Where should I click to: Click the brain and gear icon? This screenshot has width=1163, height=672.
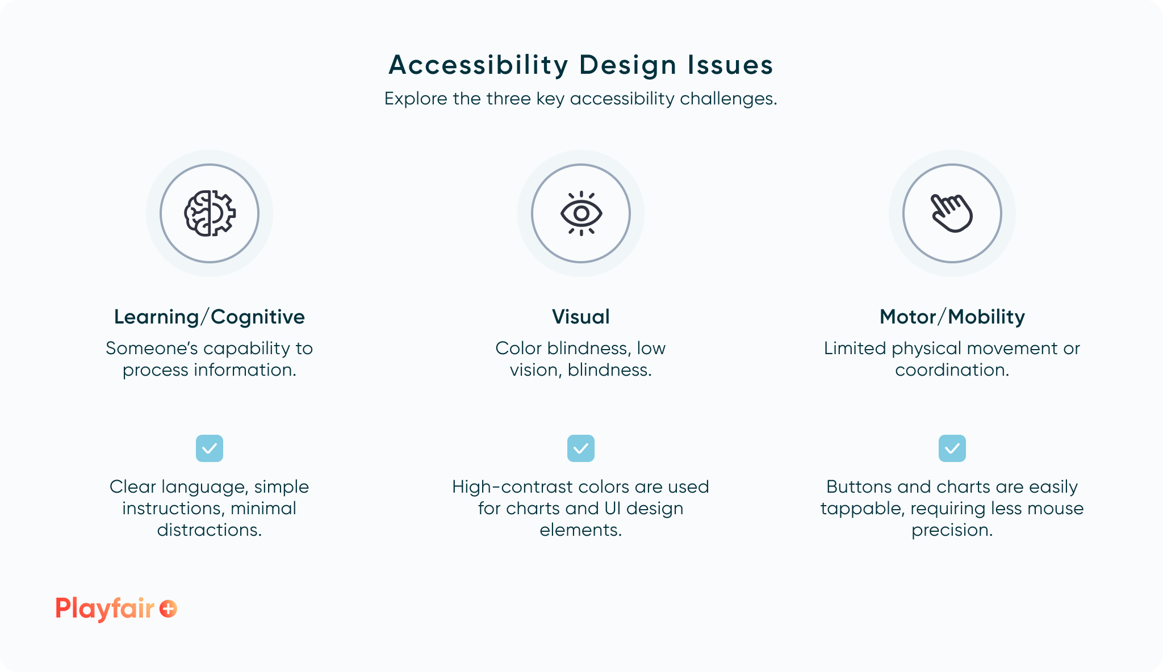tap(210, 213)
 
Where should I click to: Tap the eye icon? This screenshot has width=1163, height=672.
tap(581, 213)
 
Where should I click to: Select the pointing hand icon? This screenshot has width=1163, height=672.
tap(952, 213)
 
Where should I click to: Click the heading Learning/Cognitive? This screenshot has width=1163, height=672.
tap(210, 317)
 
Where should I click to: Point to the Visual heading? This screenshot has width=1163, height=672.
tap(581, 317)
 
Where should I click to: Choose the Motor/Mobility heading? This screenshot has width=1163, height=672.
tap(952, 317)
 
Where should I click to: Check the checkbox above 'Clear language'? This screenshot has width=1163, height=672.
tap(210, 448)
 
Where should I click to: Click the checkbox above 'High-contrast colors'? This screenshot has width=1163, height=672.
tap(581, 448)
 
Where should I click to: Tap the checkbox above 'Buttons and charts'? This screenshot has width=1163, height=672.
tap(952, 448)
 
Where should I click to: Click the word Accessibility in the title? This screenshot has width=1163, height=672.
tap(478, 65)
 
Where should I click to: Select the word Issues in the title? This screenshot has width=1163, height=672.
tap(730, 65)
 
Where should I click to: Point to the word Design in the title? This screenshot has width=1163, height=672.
tap(628, 65)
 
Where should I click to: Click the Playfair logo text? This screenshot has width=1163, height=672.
tap(105, 608)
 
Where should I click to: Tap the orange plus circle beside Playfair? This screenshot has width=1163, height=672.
tap(168, 608)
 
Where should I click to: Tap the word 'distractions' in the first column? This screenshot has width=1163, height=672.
tap(208, 530)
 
